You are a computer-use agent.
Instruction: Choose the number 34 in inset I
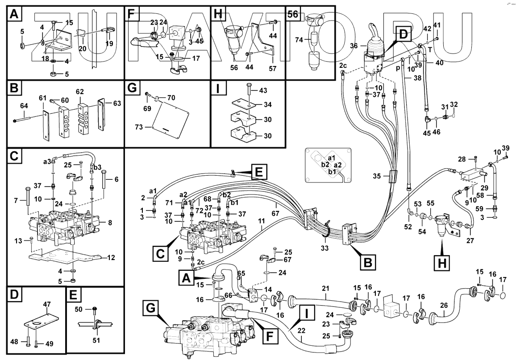coord(267,105)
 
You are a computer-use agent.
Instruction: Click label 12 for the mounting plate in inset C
coord(111,257)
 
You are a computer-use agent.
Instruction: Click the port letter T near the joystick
coord(429,50)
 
